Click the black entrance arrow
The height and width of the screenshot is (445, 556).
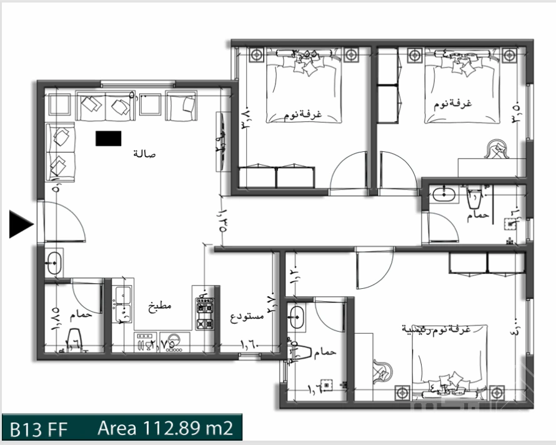21,224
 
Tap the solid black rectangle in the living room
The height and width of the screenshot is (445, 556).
108,138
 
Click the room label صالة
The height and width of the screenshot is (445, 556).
144,154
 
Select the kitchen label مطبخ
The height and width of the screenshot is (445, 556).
159,306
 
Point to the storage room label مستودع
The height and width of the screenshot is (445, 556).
247,316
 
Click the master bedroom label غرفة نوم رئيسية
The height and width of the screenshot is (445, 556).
444,328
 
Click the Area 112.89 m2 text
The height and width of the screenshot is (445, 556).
165,429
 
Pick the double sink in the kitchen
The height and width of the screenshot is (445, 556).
122,304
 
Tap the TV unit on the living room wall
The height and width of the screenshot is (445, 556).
221,141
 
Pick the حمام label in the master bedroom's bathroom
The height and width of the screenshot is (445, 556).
325,352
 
